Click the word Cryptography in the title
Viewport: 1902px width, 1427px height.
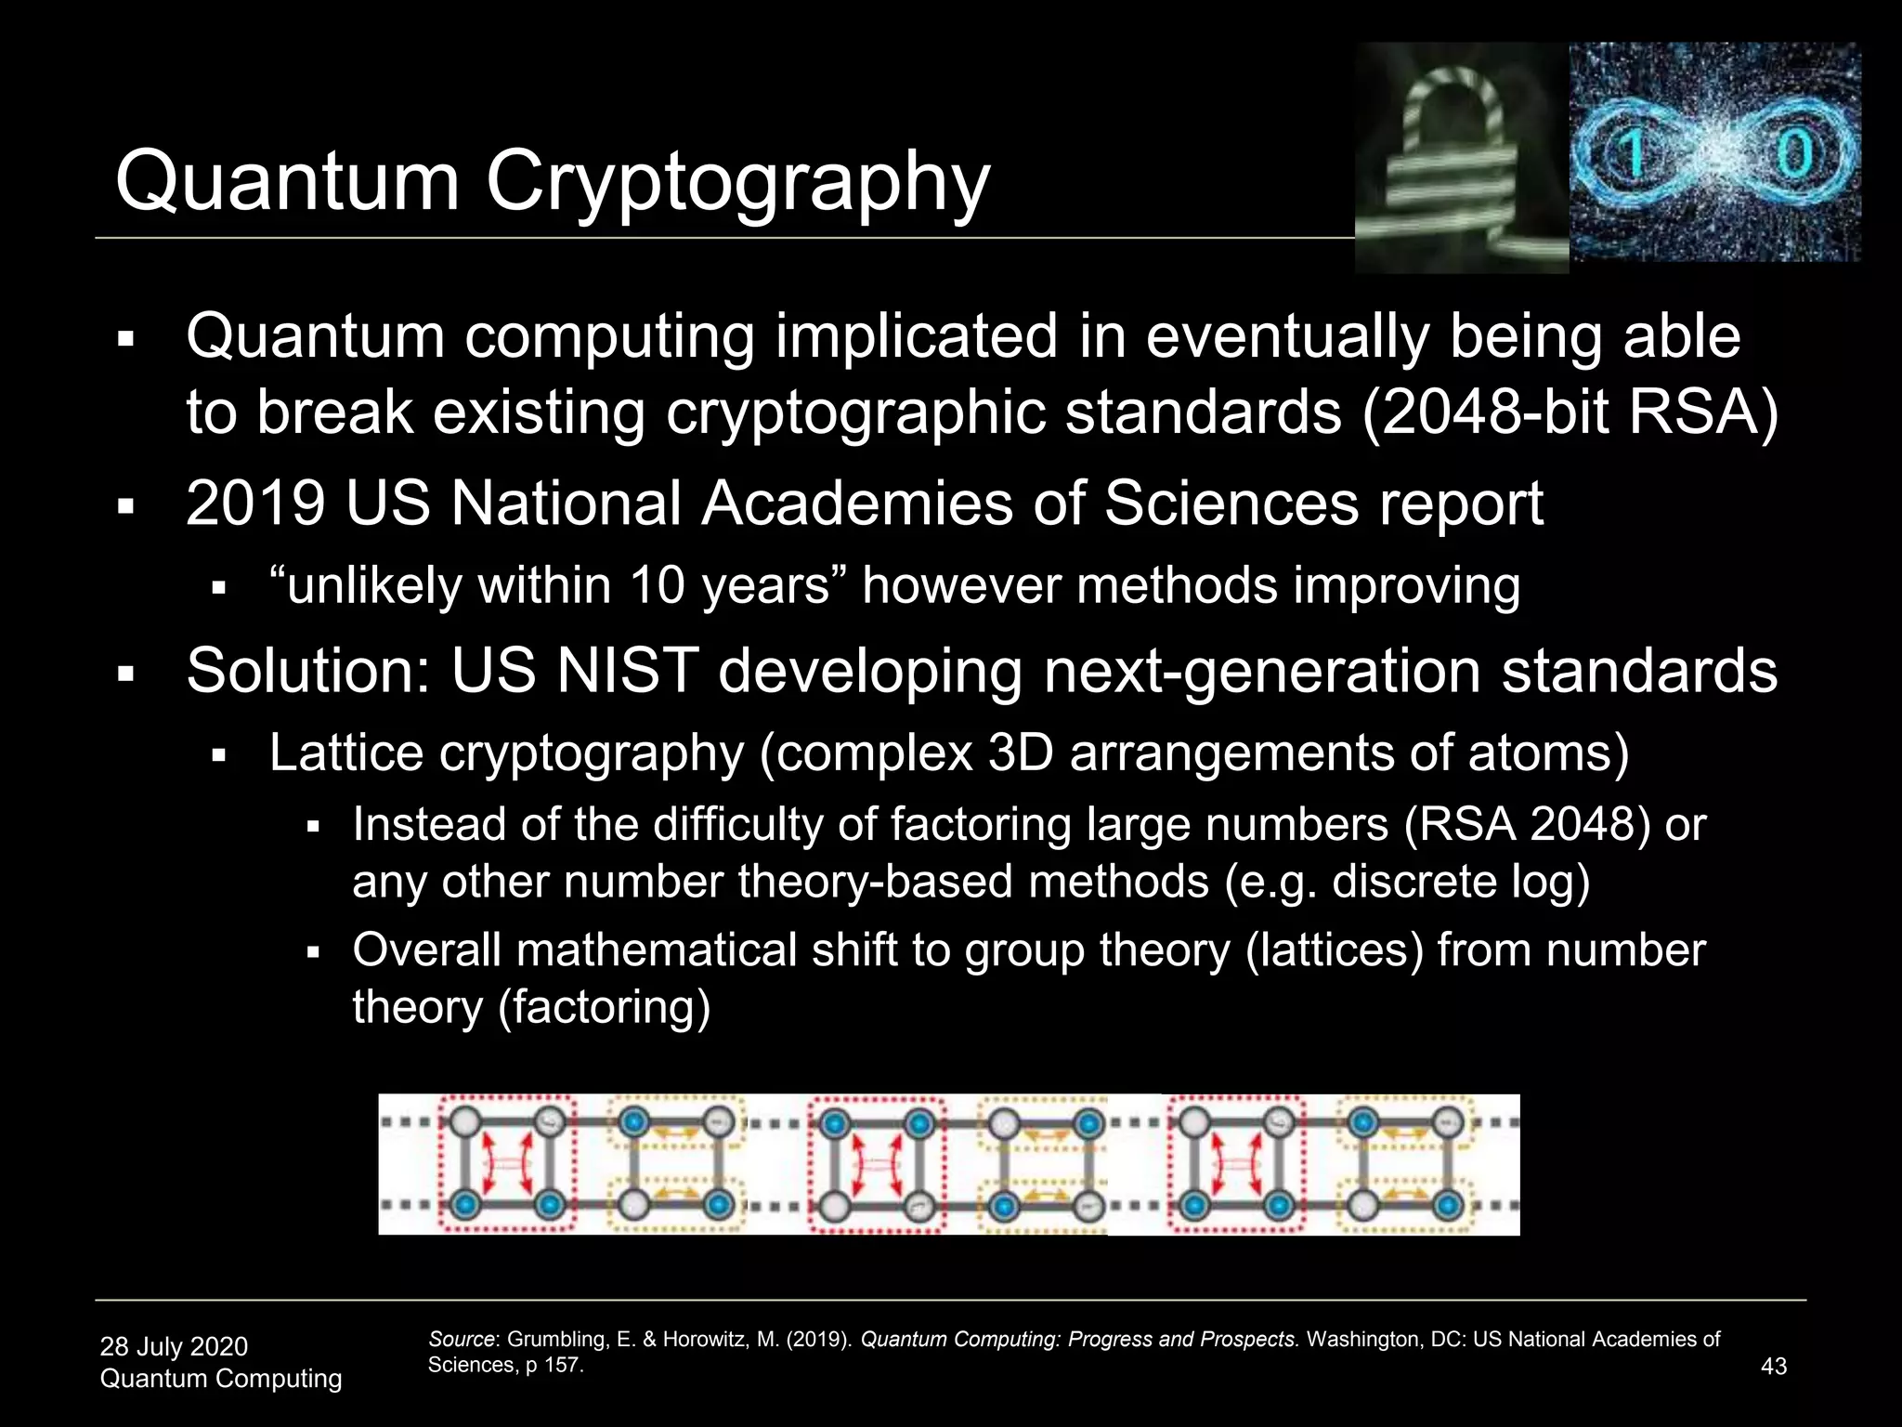[737, 183]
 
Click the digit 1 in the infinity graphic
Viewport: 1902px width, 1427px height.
[1633, 154]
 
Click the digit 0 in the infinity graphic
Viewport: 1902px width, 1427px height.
[1792, 154]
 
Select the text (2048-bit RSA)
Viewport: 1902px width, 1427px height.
[1570, 412]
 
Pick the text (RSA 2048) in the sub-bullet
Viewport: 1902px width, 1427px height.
[1527, 825]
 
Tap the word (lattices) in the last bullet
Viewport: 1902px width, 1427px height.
[1334, 950]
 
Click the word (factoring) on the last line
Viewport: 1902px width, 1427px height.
[604, 1008]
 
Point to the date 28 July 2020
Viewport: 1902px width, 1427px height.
[174, 1346]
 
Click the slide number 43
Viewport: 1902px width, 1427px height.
[1773, 1367]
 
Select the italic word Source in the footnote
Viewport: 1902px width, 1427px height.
[462, 1340]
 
